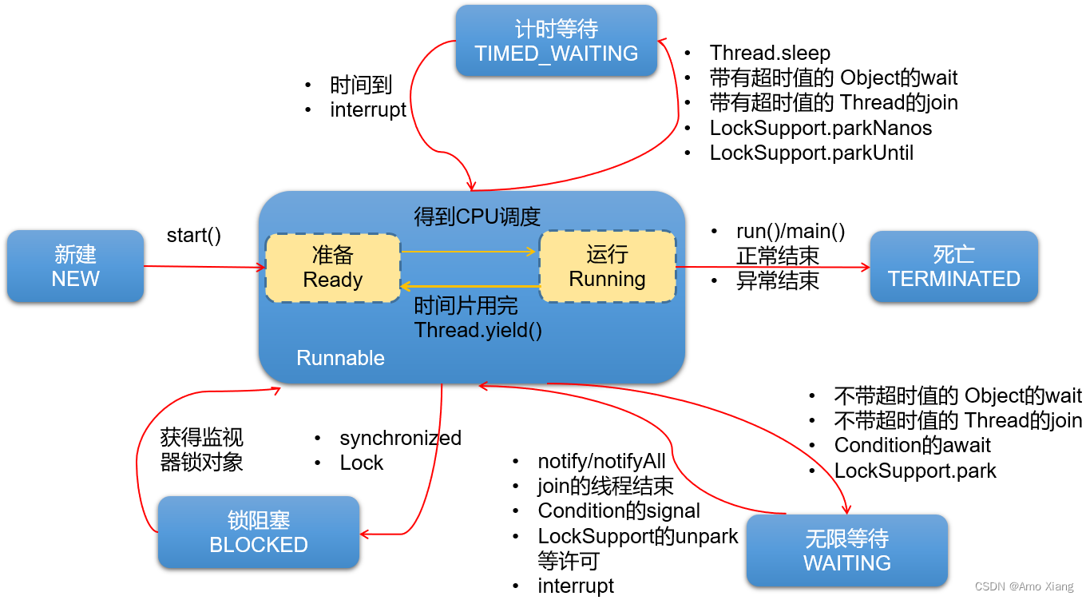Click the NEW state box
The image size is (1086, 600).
[x=75, y=267]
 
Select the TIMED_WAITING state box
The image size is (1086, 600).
[x=556, y=42]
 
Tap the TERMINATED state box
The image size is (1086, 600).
[x=953, y=267]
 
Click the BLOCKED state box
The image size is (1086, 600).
[x=258, y=533]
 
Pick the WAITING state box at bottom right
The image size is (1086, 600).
[x=846, y=551]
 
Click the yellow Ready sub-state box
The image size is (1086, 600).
[x=333, y=268]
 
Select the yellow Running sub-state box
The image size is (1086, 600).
[x=607, y=267]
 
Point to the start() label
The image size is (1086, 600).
[x=194, y=236]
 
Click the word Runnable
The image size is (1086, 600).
[x=340, y=358]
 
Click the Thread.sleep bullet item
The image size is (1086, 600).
[x=769, y=53]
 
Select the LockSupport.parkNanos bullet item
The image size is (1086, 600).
[x=820, y=128]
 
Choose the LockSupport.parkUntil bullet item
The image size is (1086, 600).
[x=811, y=153]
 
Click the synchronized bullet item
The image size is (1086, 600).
[x=400, y=438]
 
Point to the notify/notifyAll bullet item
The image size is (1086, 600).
[x=601, y=461]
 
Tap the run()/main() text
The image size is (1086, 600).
[x=790, y=232]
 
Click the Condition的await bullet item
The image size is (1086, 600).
[x=912, y=445]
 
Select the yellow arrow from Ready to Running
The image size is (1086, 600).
[x=470, y=252]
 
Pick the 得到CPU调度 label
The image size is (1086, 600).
[x=477, y=217]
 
